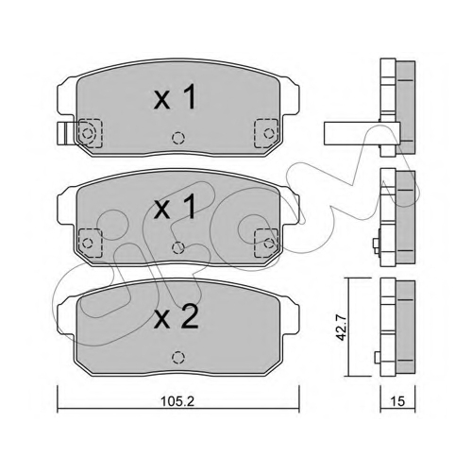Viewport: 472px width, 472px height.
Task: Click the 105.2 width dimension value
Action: pyautogui.click(x=177, y=401)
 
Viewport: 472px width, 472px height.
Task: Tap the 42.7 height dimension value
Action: pyautogui.click(x=341, y=328)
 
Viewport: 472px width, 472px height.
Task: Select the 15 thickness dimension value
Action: pyautogui.click(x=397, y=401)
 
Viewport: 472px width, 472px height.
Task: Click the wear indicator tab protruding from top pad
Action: pyautogui.click(x=67, y=133)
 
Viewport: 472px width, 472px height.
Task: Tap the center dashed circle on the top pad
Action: pyautogui.click(x=178, y=138)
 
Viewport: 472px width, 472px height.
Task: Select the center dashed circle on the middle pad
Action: pyautogui.click(x=178, y=247)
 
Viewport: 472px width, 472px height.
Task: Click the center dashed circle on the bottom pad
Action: pyautogui.click(x=178, y=357)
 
